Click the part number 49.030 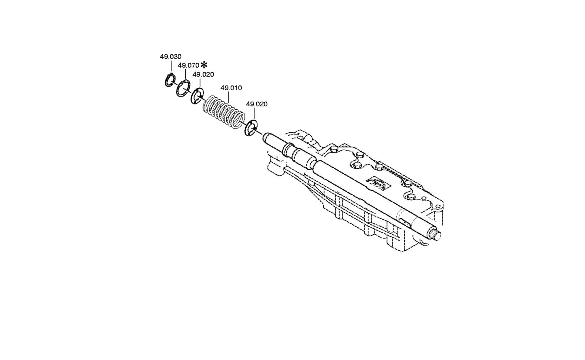[x=170, y=56]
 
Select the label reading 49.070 [x=188, y=65]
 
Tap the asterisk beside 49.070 [x=204, y=65]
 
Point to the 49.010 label [x=231, y=88]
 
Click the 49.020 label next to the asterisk [x=203, y=75]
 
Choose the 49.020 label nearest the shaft [x=257, y=104]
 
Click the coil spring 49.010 [x=224, y=112]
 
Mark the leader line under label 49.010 [x=229, y=96]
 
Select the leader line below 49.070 [x=185, y=74]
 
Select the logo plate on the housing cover [x=379, y=185]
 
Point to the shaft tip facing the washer [x=265, y=137]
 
